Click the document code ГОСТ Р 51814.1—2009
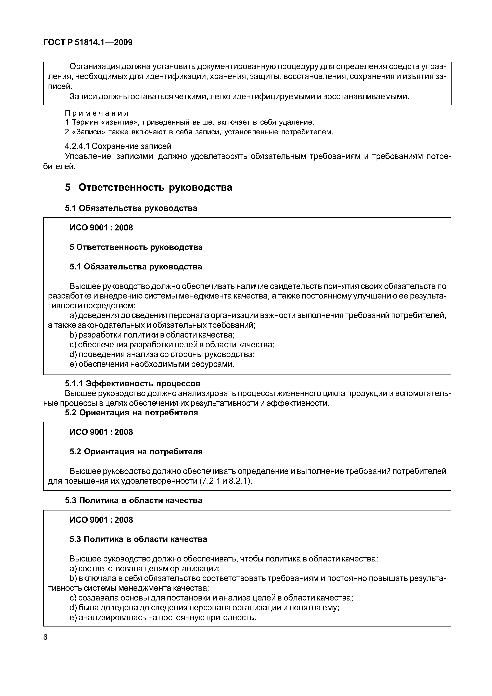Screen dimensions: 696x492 click(x=88, y=42)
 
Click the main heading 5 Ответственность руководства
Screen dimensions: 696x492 click(x=149, y=187)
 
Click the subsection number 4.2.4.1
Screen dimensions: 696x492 click(x=77, y=146)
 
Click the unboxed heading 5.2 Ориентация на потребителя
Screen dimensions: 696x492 click(x=131, y=413)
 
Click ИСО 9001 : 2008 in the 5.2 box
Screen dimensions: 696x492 click(x=101, y=432)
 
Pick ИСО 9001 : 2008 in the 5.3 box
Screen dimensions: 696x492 click(x=101, y=520)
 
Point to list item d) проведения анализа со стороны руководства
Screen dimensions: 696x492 click(x=162, y=354)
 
